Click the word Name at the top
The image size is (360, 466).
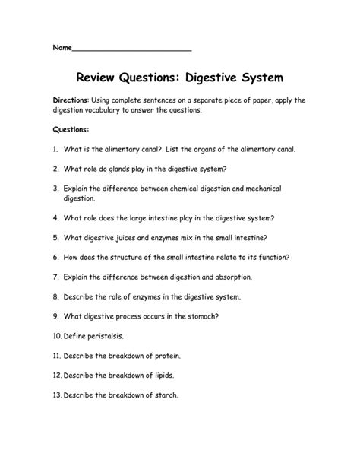click(62, 48)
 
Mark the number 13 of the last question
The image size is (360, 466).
click(57, 395)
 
